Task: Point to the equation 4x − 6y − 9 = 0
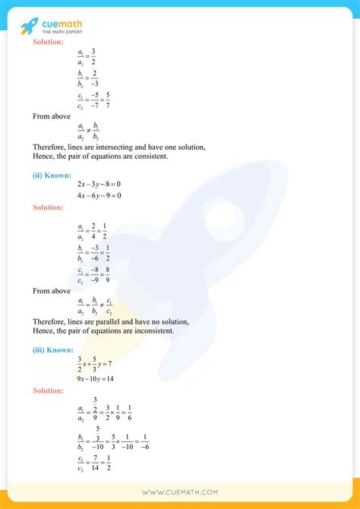[x=99, y=195]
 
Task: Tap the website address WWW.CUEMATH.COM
[x=180, y=492]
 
